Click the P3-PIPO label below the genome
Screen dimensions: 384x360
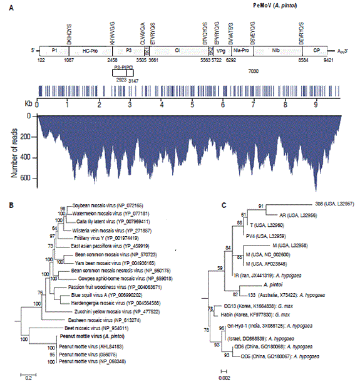point(126,66)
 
